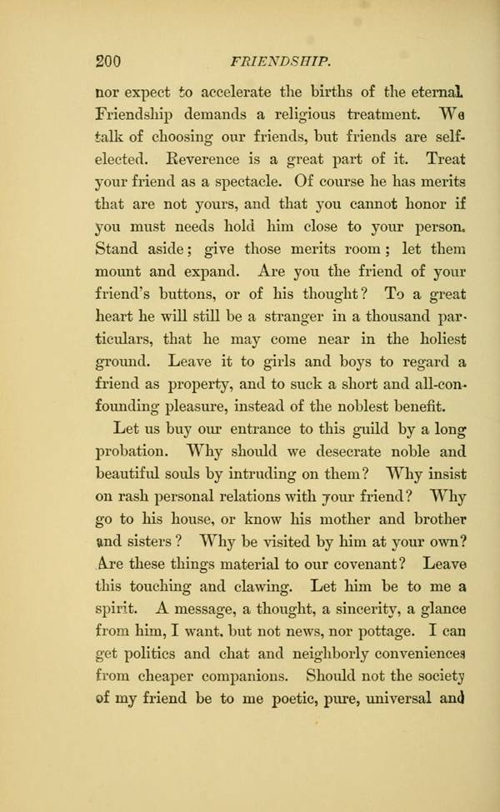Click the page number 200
coord(109,60)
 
